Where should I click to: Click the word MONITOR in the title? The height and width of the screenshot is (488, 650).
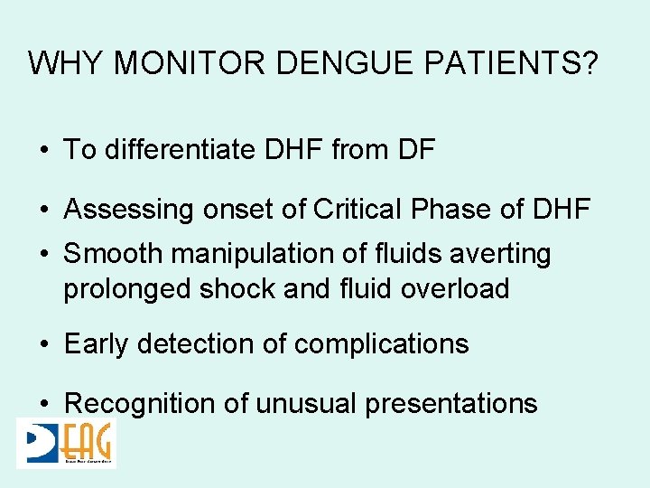(189, 63)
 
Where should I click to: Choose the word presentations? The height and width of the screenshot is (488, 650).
(450, 403)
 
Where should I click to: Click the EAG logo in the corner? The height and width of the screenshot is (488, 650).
(67, 443)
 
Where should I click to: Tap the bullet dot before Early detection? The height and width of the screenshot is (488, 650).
(44, 344)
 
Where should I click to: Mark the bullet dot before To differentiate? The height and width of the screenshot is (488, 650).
(44, 150)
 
